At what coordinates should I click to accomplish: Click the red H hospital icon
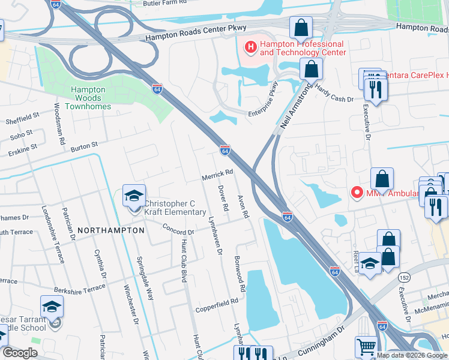click(x=249, y=46)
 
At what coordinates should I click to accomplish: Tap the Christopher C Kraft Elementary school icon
click(x=134, y=196)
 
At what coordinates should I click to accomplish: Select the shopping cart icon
click(x=366, y=346)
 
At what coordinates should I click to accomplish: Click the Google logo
click(x=19, y=353)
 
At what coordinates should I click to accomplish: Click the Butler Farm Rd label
click(x=161, y=3)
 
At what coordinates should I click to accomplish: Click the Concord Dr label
click(x=179, y=229)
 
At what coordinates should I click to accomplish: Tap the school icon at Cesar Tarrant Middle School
click(x=52, y=308)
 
